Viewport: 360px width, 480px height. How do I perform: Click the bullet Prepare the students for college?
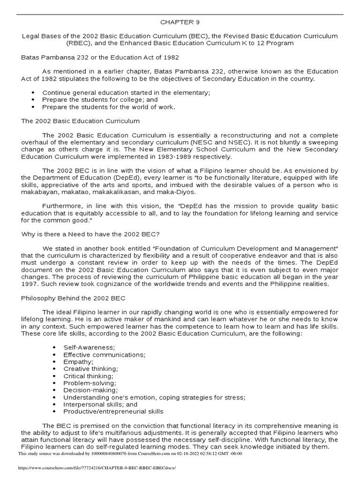(100, 100)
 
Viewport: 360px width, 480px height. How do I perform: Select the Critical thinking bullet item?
(88, 376)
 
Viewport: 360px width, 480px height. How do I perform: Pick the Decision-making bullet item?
(90, 390)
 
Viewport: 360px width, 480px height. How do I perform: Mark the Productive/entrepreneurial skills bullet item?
(113, 412)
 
